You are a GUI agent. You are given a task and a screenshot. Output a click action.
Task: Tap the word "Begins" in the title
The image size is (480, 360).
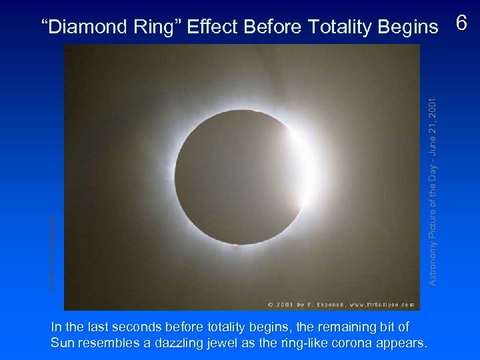click(x=409, y=27)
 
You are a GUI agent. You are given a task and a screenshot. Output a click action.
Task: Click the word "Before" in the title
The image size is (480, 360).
click(x=273, y=27)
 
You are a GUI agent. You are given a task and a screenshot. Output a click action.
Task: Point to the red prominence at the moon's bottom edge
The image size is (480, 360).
click(x=235, y=245)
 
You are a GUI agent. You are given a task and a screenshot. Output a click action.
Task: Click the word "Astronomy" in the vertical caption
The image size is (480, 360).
click(x=433, y=263)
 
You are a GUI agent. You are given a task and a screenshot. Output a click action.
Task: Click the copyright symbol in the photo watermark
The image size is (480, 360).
click(x=270, y=305)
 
